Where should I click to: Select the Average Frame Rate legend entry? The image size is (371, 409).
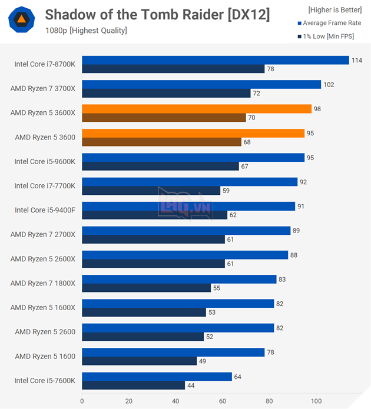(x=330, y=24)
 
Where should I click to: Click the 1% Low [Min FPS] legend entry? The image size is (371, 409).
(x=330, y=37)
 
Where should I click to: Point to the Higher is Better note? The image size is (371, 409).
(x=334, y=10)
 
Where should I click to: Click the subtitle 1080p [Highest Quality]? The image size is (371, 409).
(x=86, y=31)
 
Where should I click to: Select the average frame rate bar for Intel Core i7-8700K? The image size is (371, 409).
(x=215, y=60)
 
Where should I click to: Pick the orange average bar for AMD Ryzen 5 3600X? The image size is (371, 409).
(x=196, y=109)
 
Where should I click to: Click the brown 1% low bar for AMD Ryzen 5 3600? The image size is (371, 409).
(x=161, y=142)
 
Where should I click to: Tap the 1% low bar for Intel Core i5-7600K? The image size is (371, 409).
(x=133, y=385)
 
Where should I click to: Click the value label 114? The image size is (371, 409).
(x=357, y=60)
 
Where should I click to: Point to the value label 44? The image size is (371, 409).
(x=191, y=385)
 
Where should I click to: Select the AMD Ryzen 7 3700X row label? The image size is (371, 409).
(x=43, y=89)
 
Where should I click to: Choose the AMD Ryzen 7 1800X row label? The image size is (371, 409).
(x=43, y=283)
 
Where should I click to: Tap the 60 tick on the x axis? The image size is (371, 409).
(x=223, y=401)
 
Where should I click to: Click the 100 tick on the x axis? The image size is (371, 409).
(x=316, y=401)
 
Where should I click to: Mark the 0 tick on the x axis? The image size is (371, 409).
(x=82, y=401)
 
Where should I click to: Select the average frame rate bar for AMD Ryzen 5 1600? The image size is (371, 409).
(x=173, y=352)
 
